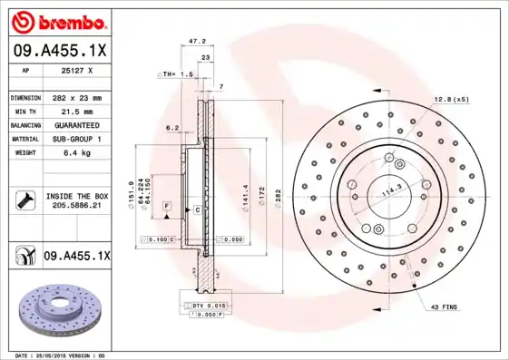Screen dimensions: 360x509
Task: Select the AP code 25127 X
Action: pyautogui.click(x=77, y=71)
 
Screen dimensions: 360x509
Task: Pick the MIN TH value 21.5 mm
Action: pyautogui.click(x=76, y=111)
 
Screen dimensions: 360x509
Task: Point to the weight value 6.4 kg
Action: pyautogui.click(x=76, y=152)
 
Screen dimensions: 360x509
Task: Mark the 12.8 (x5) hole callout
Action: pyautogui.click(x=450, y=97)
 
